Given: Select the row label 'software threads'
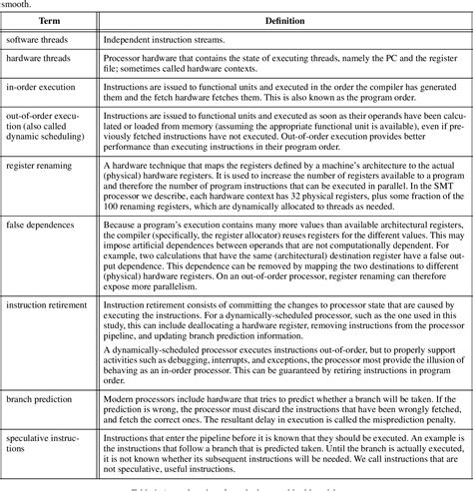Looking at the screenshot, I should pyautogui.click(x=43, y=41).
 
